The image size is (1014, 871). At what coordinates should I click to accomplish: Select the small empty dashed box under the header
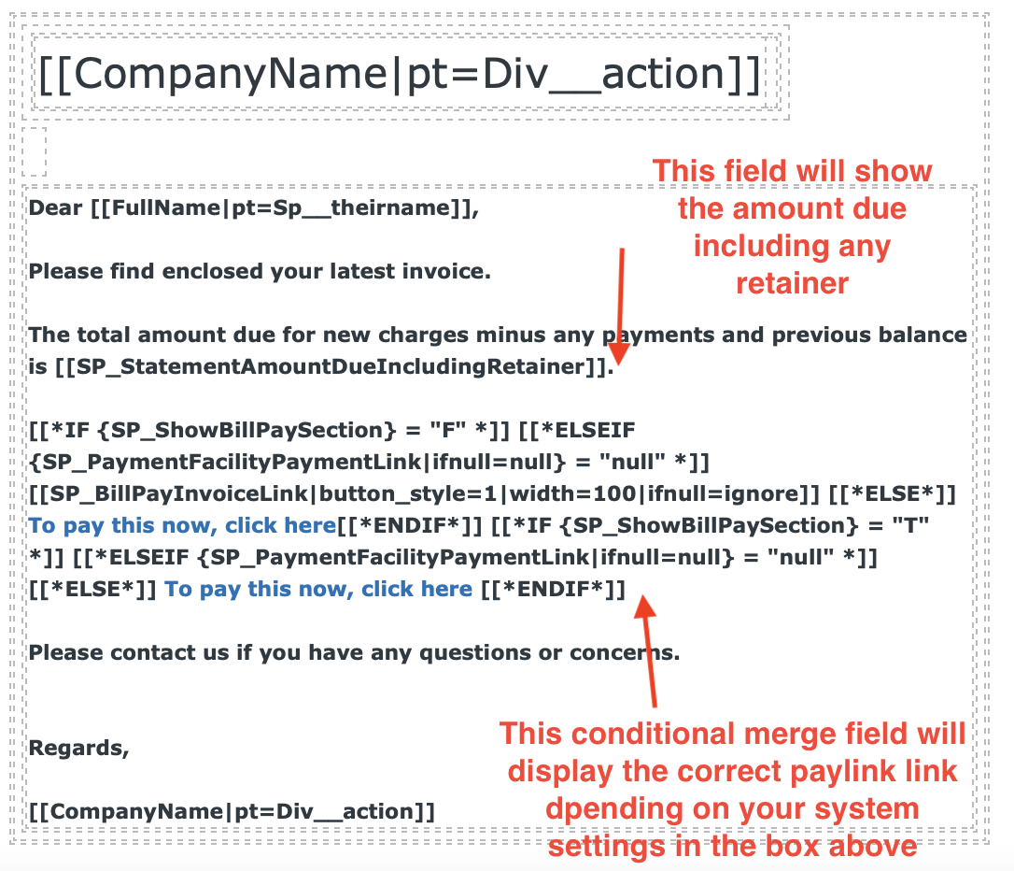tap(34, 151)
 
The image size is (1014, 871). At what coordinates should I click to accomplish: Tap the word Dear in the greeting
tap(56, 208)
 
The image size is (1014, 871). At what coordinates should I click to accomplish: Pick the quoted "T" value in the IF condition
tap(913, 525)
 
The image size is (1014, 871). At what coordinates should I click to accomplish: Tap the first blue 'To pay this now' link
tap(182, 525)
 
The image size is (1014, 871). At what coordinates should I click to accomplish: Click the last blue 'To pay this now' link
tap(318, 589)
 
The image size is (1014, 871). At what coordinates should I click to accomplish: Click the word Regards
tap(78, 748)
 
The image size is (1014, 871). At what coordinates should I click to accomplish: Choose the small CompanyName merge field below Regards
tap(232, 811)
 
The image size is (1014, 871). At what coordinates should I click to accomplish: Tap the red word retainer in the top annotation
tap(792, 283)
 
